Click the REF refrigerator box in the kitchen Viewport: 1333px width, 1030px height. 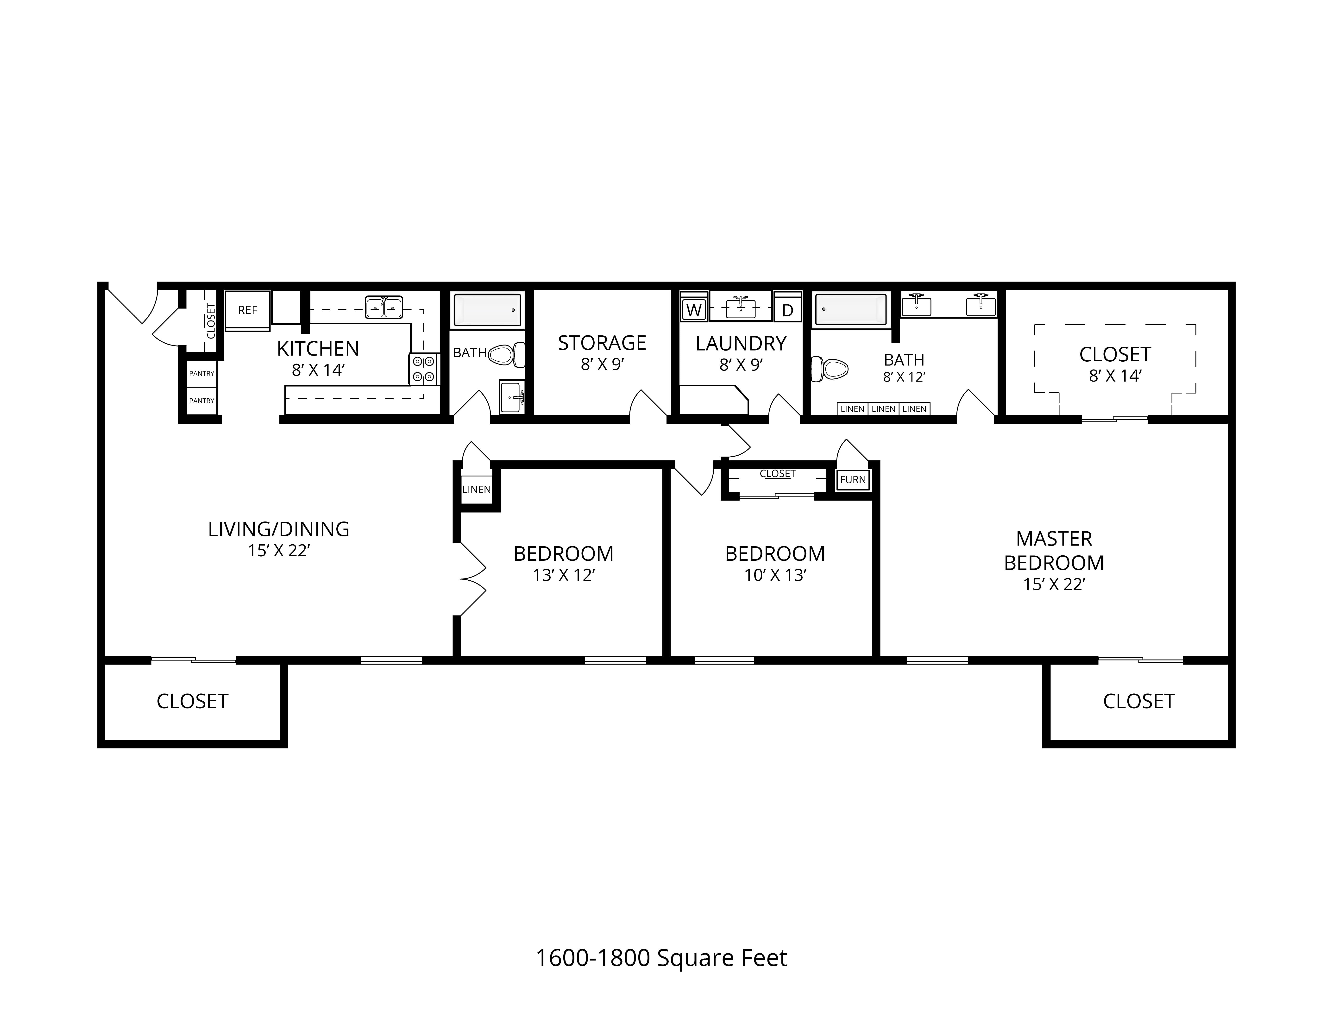click(x=248, y=310)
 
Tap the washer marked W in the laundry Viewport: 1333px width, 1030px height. click(x=694, y=310)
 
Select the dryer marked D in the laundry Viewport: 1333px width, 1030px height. click(x=787, y=310)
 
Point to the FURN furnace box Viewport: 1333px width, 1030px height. click(x=853, y=480)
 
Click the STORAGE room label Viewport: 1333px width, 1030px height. click(x=602, y=343)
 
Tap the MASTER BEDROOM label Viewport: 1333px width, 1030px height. click(x=1054, y=550)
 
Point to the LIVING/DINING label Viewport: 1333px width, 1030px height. click(x=279, y=529)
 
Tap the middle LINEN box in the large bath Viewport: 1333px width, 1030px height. click(x=883, y=409)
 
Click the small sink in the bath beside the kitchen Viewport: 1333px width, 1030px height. click(x=511, y=397)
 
